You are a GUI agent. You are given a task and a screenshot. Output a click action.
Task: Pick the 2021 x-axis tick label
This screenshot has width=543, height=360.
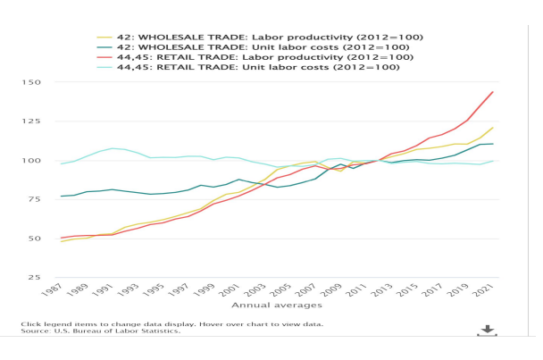pyautogui.click(x=487, y=291)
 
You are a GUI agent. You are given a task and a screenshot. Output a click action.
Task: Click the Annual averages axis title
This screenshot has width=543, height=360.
pyautogui.click(x=269, y=306)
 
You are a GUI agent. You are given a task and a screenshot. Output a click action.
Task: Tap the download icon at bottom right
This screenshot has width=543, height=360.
pyautogui.click(x=487, y=331)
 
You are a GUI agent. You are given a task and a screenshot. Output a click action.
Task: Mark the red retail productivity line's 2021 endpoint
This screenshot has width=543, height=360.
pyautogui.click(x=493, y=92)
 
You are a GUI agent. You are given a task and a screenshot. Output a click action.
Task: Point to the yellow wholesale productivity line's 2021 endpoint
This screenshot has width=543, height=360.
pyautogui.click(x=493, y=128)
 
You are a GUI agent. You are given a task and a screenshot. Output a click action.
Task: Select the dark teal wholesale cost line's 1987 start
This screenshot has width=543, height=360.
pyautogui.click(x=61, y=196)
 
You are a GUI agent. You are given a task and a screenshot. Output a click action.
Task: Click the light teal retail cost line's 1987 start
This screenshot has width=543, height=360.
pyautogui.click(x=61, y=163)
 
